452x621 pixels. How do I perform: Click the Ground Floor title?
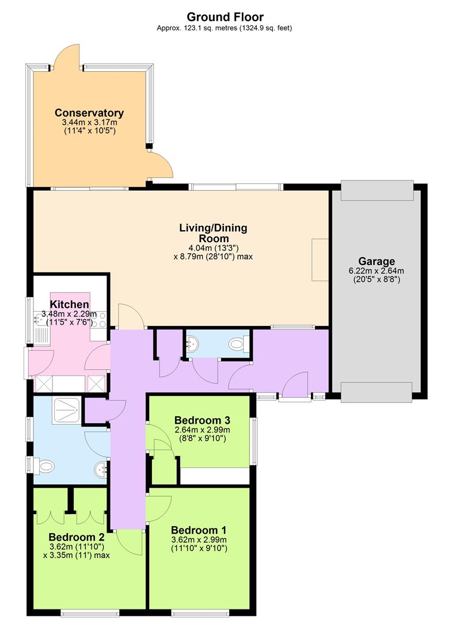225,17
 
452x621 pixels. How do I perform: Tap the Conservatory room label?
89,113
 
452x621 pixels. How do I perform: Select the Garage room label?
377,262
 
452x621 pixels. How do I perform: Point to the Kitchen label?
70,304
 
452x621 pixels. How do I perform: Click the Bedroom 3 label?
202,420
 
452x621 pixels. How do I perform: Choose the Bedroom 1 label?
199,530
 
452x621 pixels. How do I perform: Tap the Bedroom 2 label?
77,537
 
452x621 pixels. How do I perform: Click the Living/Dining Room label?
213,233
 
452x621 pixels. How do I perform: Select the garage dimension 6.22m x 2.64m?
377,271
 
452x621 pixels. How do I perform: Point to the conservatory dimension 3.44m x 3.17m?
90,123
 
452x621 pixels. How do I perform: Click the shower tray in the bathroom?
67,411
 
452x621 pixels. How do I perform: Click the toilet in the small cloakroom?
240,344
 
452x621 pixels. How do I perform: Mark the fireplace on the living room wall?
320,260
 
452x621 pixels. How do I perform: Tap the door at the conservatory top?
66,58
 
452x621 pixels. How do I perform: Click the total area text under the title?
225,28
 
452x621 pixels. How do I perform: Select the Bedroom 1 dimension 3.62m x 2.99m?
199,540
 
